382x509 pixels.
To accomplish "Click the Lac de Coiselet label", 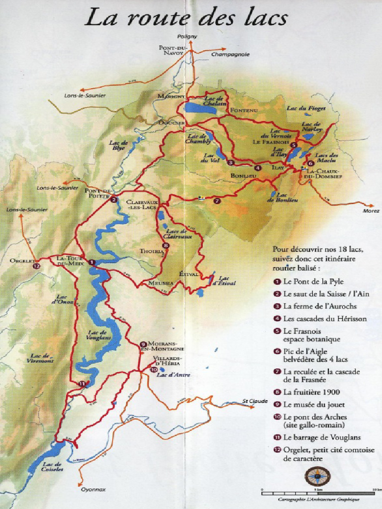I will tap(52, 467).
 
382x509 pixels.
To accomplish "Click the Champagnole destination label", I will tap(230, 54).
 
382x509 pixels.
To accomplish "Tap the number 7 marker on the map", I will tap(217, 201).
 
